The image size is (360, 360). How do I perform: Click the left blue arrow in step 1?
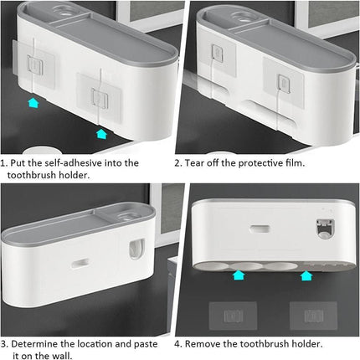[33, 103]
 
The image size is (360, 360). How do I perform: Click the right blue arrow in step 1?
[101, 131]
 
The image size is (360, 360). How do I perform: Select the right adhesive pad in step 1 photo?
[92, 93]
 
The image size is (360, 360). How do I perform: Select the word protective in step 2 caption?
[266, 162]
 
